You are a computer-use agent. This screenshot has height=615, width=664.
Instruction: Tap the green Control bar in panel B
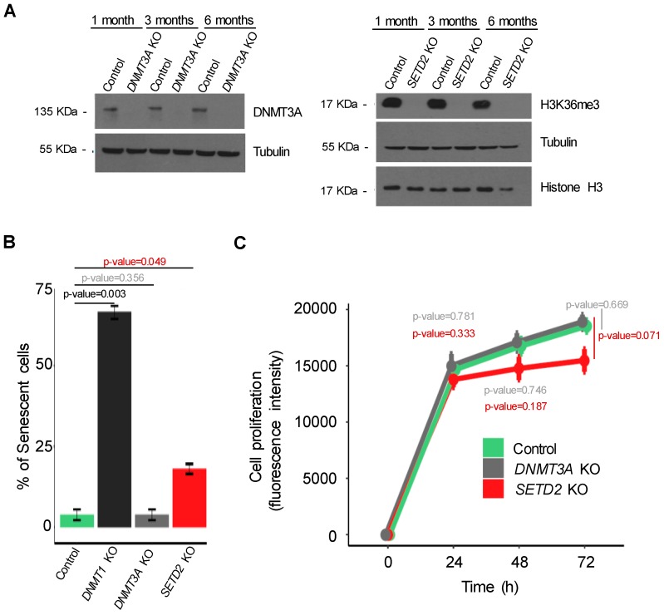point(76,520)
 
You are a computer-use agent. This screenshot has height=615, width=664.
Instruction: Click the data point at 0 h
point(387,534)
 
